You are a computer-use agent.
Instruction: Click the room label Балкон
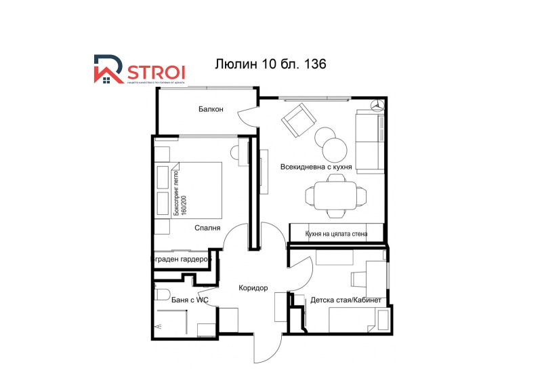(211, 110)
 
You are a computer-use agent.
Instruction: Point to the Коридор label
(253, 288)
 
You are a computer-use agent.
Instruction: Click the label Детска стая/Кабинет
(346, 300)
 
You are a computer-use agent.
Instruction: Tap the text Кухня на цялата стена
(337, 235)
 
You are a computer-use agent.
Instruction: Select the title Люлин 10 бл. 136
(271, 64)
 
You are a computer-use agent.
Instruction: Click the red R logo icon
(108, 70)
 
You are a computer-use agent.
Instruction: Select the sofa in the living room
(369, 142)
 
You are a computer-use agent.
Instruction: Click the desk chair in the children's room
(359, 279)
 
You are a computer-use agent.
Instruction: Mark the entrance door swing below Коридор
(266, 349)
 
